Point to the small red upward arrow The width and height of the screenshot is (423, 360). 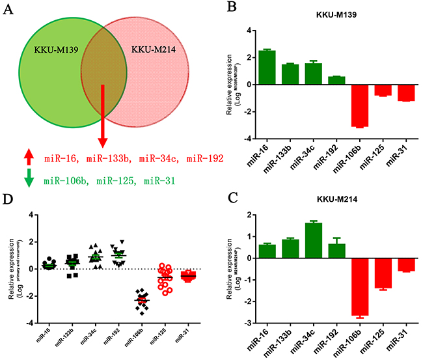[x=27, y=158]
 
